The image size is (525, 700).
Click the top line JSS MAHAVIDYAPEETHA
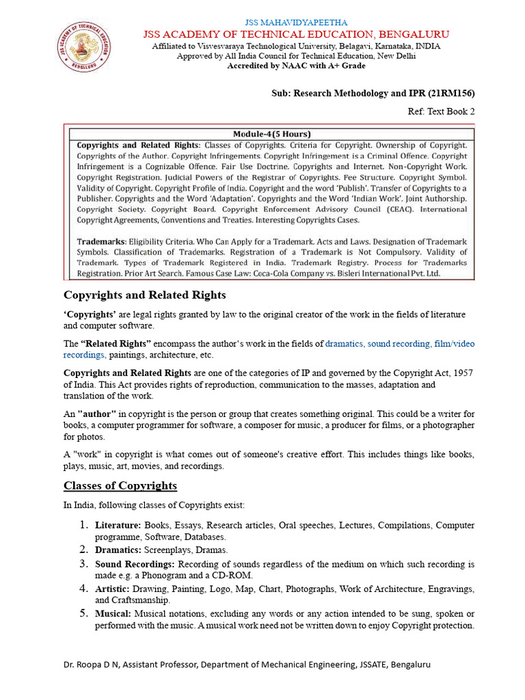(x=295, y=23)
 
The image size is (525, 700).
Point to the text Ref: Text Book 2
(x=441, y=111)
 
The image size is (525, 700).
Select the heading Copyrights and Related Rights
(x=144, y=295)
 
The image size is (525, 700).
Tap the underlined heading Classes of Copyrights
(x=120, y=486)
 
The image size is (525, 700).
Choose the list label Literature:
(x=118, y=526)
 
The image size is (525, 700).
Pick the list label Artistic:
(x=112, y=589)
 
